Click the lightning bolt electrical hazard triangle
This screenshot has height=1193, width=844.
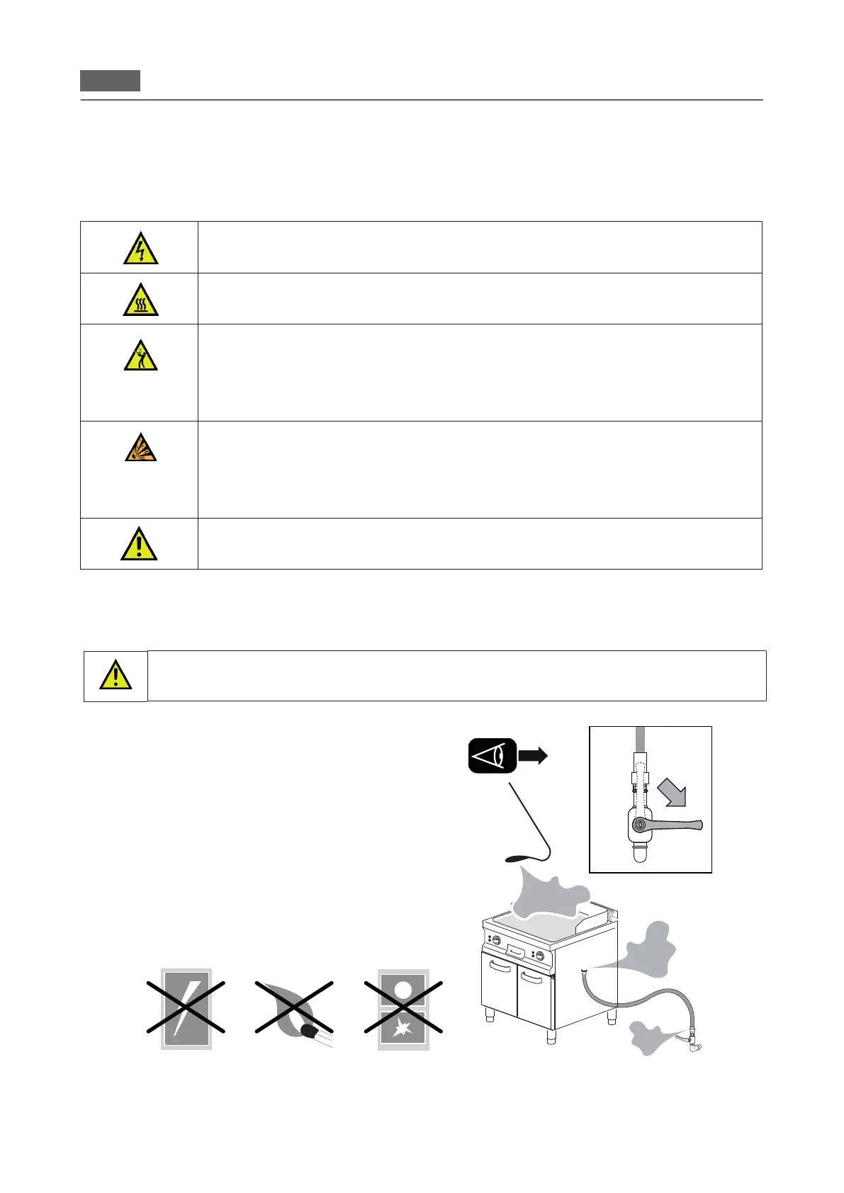[x=140, y=248]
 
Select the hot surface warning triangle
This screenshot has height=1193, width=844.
[x=140, y=300]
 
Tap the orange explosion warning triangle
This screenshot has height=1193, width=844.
[x=140, y=447]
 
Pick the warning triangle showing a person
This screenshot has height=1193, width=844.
[x=140, y=354]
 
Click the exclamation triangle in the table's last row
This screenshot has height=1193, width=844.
[x=139, y=544]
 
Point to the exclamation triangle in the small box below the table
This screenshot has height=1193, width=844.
[x=116, y=675]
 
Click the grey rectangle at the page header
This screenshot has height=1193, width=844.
[x=110, y=81]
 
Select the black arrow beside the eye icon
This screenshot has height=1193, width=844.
[x=533, y=756]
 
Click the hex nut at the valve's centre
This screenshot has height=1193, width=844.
[x=641, y=825]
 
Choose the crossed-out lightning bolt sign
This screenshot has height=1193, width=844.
[x=186, y=1008]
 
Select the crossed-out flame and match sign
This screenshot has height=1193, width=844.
[x=295, y=1008]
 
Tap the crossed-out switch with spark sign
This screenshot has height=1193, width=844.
[x=403, y=1008]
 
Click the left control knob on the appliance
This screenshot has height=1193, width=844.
[x=497, y=941]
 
